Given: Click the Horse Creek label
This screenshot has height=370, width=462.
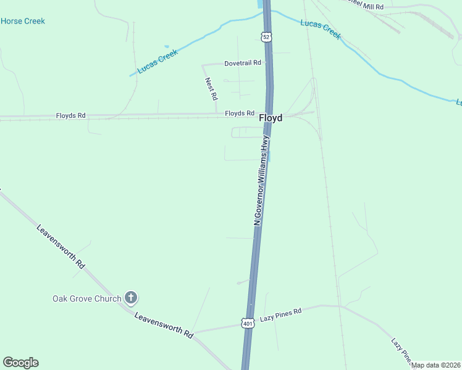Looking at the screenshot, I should point(23,21).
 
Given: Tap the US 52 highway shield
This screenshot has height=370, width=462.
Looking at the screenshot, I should point(266,37).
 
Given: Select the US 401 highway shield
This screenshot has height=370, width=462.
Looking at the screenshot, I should point(248,323).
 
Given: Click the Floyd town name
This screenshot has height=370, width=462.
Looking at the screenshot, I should point(271,117).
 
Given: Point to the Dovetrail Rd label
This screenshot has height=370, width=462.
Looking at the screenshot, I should point(243,63).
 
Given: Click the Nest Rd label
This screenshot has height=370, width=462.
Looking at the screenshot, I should point(211,89).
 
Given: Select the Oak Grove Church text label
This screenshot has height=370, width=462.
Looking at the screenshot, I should point(86,299).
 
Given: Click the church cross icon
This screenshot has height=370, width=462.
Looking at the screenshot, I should point(130,298).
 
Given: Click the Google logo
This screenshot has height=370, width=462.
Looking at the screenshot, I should point(20,363).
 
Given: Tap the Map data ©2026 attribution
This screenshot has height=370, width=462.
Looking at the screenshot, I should point(436,365).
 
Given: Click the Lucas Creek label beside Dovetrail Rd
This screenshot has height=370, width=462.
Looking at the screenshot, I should point(157,62).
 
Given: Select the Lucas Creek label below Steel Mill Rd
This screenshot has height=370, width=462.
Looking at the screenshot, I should point(320,29).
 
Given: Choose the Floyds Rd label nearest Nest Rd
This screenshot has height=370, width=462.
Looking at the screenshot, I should point(240,113).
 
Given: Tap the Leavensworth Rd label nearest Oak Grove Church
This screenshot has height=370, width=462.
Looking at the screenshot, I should point(164,325).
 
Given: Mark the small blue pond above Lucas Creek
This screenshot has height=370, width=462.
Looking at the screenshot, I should point(166,46).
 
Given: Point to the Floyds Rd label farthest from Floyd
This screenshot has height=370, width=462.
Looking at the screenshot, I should point(70,115).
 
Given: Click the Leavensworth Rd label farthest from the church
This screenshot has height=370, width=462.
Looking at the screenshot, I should point(61,246).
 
